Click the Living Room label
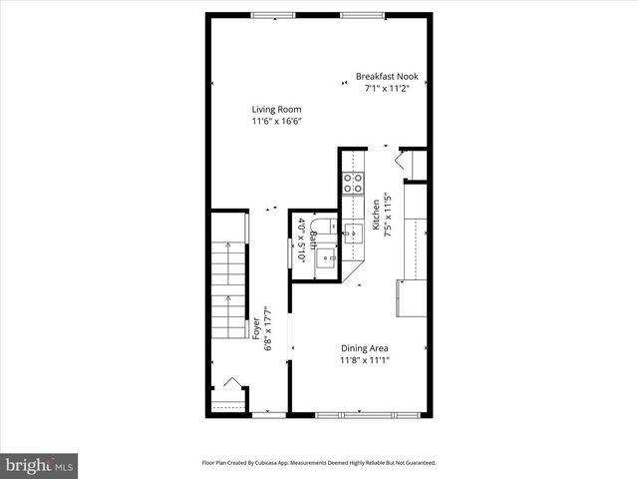(x=276, y=110)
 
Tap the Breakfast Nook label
(x=387, y=76)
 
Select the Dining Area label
(x=364, y=348)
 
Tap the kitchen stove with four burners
(x=353, y=183)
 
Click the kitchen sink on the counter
(x=353, y=235)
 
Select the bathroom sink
(x=326, y=261)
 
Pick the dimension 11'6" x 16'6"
(x=276, y=122)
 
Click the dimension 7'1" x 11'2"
(x=387, y=88)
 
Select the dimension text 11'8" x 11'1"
(x=364, y=360)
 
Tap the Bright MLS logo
(x=39, y=465)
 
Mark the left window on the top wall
(x=266, y=14)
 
